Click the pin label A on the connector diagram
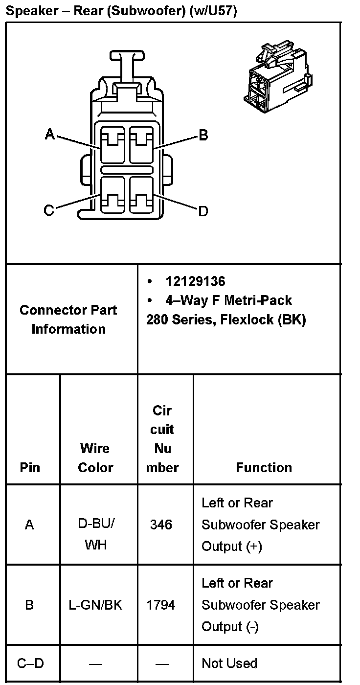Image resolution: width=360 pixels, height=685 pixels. coord(49,134)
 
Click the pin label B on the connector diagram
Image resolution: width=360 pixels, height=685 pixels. coord(203,135)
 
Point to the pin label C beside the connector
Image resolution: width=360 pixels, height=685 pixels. coord(48,210)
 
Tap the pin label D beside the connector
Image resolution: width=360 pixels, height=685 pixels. coord(203,211)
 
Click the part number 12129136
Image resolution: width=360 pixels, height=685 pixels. coord(195,281)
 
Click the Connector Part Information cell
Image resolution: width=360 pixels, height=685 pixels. coord(68,319)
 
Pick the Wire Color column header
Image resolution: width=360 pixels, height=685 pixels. coord(95,457)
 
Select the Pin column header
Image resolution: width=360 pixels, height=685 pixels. coord(30,467)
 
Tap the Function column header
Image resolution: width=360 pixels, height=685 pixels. coord(264,467)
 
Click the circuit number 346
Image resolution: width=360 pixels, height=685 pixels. coord(161,525)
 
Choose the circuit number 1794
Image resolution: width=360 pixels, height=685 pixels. coord(161,605)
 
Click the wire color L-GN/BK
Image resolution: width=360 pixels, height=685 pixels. coord(95,605)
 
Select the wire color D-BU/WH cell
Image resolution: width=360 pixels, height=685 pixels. coord(96,534)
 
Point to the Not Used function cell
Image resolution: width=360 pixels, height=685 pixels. coord(229,663)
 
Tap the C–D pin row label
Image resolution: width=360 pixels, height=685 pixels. coord(30,663)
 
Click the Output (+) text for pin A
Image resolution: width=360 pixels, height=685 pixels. coord(231,547)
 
